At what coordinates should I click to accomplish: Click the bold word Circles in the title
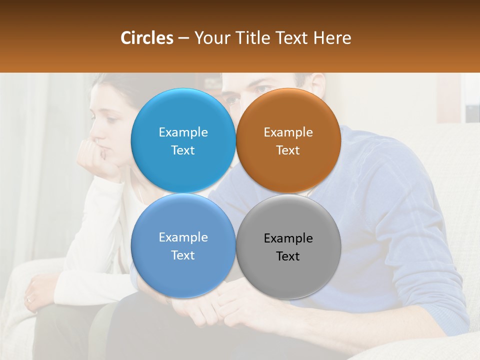[x=147, y=38]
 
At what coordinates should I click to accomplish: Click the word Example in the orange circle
[x=288, y=132]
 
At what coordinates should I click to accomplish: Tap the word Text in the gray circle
[x=288, y=256]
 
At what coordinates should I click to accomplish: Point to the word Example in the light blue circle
[x=183, y=132]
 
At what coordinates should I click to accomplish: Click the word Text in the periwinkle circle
[x=183, y=255]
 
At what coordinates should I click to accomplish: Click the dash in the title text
[x=183, y=38]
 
